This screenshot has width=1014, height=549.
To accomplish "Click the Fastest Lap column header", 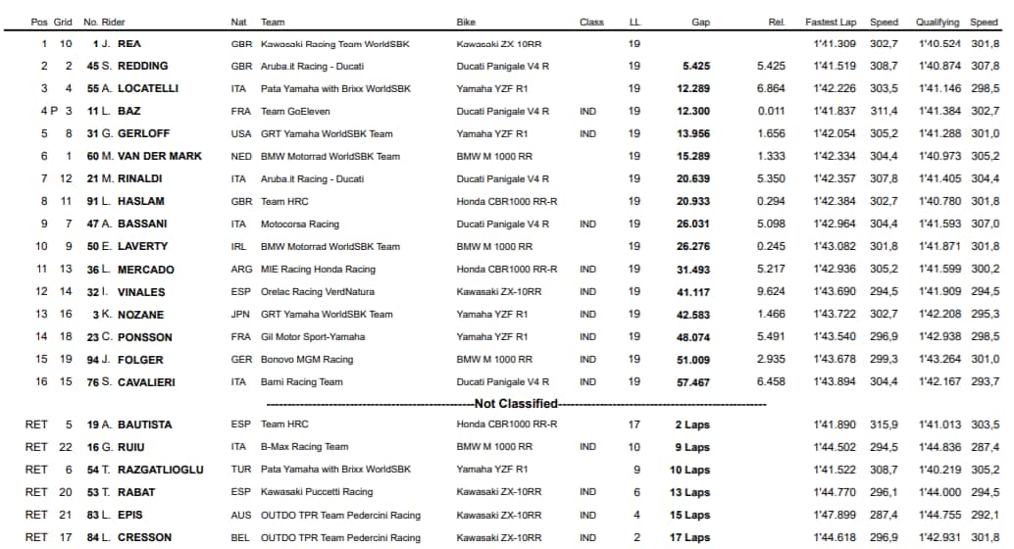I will pos(830,22).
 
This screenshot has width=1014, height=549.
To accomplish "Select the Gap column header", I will pos(700,22).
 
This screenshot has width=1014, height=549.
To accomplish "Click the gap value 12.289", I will pos(691,88).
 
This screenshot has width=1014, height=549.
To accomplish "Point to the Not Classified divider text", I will pos(516,403).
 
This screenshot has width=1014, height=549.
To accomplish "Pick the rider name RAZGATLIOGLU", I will pos(160,470).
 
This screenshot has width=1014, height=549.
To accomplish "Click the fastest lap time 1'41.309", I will pos(835,44).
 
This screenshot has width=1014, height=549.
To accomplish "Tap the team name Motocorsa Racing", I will pos(300,225).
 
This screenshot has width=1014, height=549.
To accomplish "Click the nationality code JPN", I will pos(240,315).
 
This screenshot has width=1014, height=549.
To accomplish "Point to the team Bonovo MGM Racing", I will pos(307,360).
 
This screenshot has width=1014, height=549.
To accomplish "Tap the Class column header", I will pos(591,22).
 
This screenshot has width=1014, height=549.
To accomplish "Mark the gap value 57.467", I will pos(691,382).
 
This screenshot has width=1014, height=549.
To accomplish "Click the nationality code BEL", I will pos(240,537).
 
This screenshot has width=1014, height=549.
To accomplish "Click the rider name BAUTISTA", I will pos(144,424).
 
